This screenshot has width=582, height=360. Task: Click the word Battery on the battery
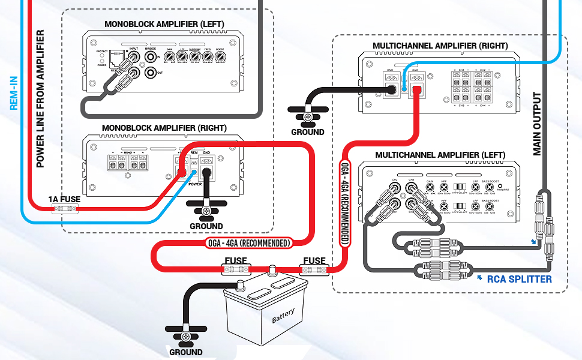(x=283, y=316)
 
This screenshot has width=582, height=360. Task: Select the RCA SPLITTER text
(x=519, y=279)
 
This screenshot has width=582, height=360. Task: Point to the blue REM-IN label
(x=14, y=93)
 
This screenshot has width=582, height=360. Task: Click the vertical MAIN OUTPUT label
(x=537, y=124)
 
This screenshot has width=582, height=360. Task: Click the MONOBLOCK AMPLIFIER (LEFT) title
(x=164, y=25)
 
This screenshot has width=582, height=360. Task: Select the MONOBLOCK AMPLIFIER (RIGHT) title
(x=164, y=128)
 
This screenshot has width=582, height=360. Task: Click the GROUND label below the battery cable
(x=185, y=352)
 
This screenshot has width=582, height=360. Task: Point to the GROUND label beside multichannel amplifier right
(x=307, y=132)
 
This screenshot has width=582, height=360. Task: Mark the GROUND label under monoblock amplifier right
(x=206, y=226)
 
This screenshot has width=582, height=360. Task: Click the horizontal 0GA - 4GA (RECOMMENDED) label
(x=247, y=243)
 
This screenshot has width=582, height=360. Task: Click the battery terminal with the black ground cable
(x=242, y=285)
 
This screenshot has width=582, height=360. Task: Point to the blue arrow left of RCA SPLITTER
(x=479, y=278)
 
